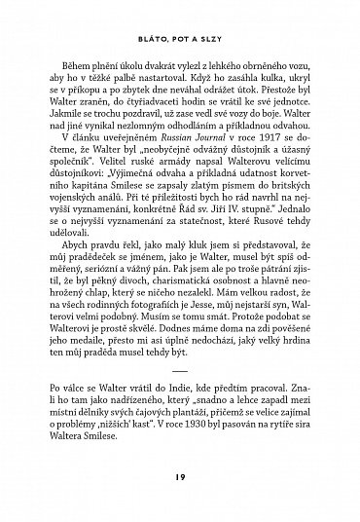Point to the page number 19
(x=180, y=476)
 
